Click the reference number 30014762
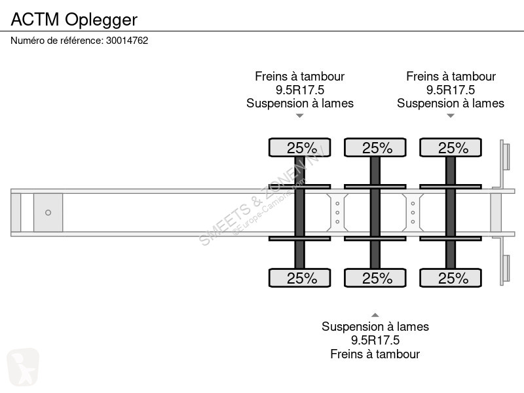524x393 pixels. (x=127, y=41)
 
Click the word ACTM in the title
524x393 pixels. (x=35, y=20)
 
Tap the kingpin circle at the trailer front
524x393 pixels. (x=48, y=212)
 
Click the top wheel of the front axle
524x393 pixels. (x=300, y=147)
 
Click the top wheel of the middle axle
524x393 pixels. (x=375, y=147)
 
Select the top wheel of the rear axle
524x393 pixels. (x=451, y=147)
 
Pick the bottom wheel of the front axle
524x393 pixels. (x=300, y=278)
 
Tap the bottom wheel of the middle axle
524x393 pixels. (x=375, y=278)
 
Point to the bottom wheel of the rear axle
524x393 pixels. (x=451, y=278)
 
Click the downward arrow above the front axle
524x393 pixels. (x=300, y=116)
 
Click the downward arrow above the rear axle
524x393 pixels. (x=451, y=116)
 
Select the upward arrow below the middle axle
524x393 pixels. (x=375, y=315)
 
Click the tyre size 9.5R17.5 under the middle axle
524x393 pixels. (x=375, y=340)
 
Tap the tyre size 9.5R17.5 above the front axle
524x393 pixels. (x=300, y=90)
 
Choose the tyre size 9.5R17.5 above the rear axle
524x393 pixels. (x=451, y=90)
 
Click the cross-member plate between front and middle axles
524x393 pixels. (x=337, y=212)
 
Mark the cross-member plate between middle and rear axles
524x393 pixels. (x=413, y=212)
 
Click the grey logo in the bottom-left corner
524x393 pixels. (x=23, y=367)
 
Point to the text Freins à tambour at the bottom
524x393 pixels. (x=375, y=354)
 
